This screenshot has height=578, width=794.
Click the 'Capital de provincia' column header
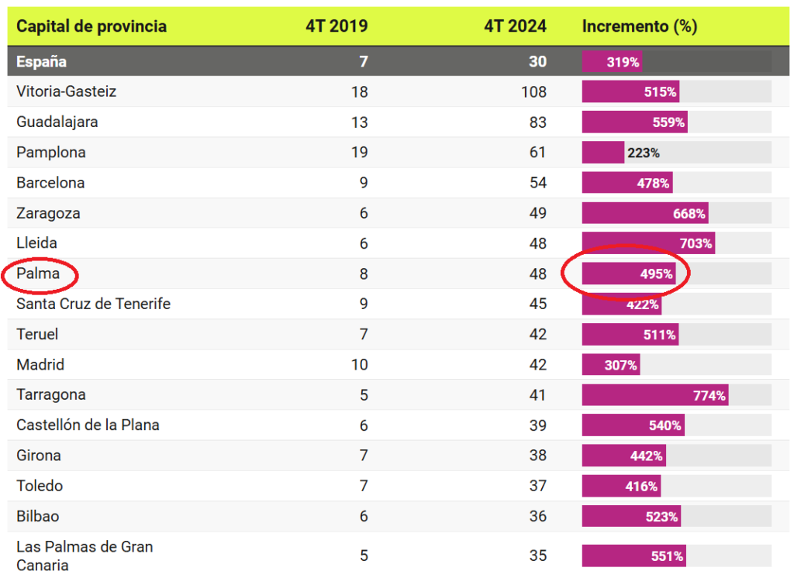(x=91, y=26)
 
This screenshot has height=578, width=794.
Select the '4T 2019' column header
(x=337, y=26)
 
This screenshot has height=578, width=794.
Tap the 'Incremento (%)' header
(x=640, y=26)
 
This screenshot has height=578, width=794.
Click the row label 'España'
(x=42, y=62)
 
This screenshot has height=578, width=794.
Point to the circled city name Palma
(x=38, y=274)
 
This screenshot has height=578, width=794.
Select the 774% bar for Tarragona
(x=655, y=395)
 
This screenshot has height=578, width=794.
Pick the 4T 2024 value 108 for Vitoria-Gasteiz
(x=533, y=92)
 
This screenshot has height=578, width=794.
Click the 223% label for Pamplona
(x=644, y=153)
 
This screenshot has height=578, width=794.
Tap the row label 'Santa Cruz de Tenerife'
(x=93, y=304)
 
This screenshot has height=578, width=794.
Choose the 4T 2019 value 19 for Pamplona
(x=359, y=153)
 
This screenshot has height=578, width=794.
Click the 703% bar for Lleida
(x=648, y=244)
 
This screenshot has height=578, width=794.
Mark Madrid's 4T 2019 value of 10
(x=359, y=365)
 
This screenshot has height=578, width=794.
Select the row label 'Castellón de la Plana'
(x=88, y=425)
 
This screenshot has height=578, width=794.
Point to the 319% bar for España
(x=613, y=62)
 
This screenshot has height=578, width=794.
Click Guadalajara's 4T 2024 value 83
(x=537, y=122)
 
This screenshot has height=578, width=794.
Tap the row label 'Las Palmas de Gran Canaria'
(x=85, y=556)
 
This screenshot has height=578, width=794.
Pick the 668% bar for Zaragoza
(x=645, y=214)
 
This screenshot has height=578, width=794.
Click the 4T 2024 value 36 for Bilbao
(x=537, y=517)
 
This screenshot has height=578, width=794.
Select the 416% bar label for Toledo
(x=642, y=487)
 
